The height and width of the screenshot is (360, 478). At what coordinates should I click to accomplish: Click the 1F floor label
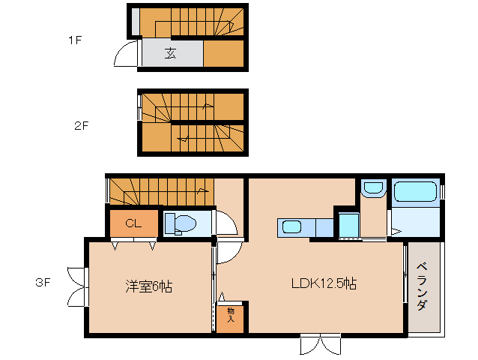pyautogui.click(x=74, y=40)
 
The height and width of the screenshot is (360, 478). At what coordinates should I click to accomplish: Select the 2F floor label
pyautogui.click(x=81, y=125)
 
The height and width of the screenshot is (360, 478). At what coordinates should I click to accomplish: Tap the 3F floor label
pyautogui.click(x=43, y=283)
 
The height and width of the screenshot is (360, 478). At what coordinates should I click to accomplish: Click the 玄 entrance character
pyautogui.click(x=171, y=53)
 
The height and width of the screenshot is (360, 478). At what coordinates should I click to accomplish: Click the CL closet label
pyautogui.click(x=133, y=223)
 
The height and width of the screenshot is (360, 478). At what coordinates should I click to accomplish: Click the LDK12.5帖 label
pyautogui.click(x=323, y=284)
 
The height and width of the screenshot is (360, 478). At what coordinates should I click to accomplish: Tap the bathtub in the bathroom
pyautogui.click(x=415, y=192)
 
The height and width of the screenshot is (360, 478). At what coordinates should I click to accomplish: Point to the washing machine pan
pyautogui.click(x=348, y=224)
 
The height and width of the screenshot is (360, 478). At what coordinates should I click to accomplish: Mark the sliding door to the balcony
pyautogui.click(x=405, y=278)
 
